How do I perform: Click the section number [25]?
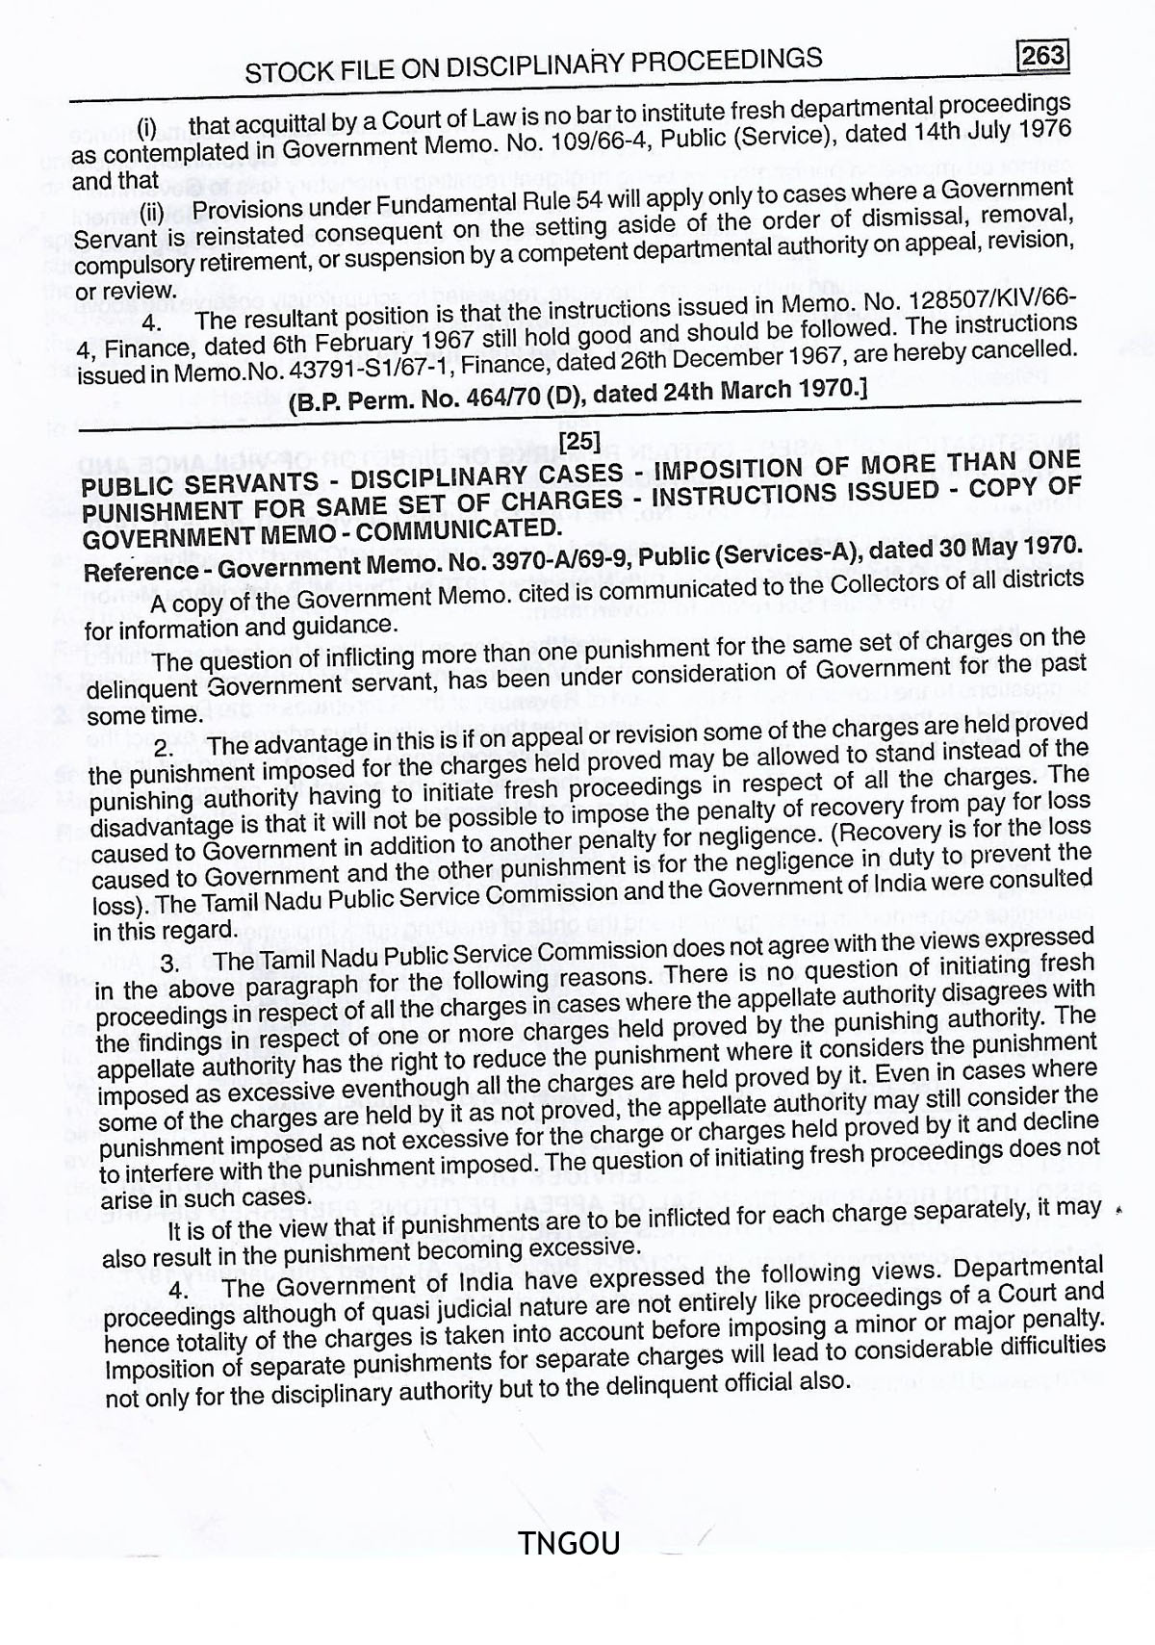click(579, 442)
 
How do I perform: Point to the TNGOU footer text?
click(568, 1544)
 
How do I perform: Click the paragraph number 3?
click(170, 964)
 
